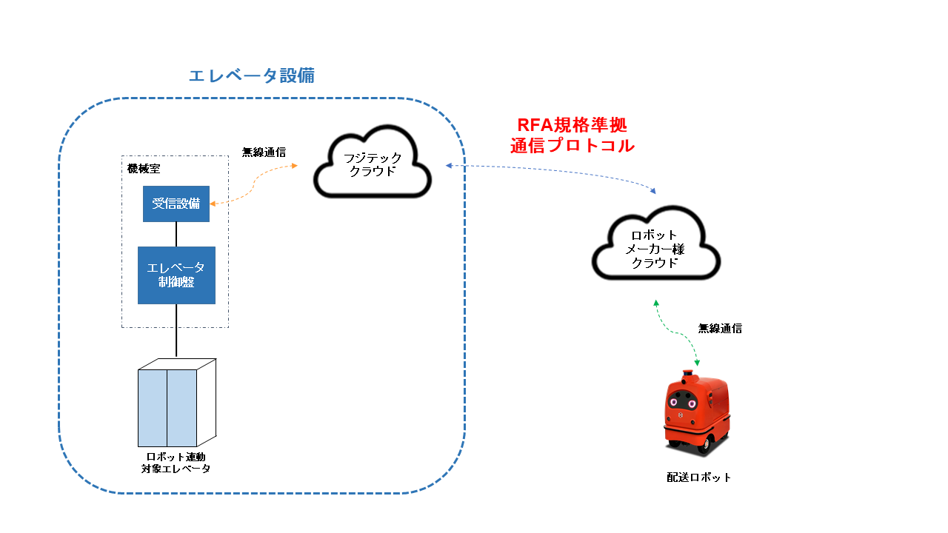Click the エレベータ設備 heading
(252, 76)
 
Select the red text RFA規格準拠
(573, 124)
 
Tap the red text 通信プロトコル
(573, 146)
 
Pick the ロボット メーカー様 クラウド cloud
(655, 249)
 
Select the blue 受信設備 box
(176, 204)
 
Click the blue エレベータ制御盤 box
(176, 275)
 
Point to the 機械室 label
(143, 169)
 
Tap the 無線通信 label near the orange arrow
(264, 152)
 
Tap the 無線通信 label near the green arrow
(720, 328)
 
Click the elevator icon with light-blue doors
(176, 403)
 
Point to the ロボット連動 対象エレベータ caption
(176, 463)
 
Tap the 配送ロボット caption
(698, 477)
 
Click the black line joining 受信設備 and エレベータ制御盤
(176, 234)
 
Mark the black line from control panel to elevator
(176, 331)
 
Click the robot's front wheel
(706, 443)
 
